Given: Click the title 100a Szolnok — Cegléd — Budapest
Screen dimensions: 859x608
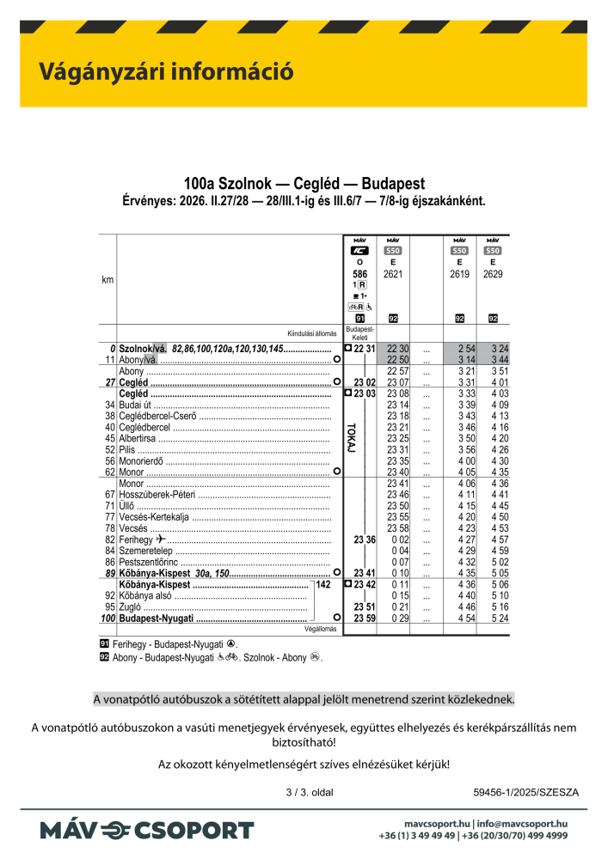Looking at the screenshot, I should pos(304,184).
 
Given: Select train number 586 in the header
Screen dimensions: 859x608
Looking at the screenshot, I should pos(359,274).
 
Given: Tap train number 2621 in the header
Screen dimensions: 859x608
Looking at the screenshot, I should pos(393,274).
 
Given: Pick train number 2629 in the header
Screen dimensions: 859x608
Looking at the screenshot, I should pos(493,274).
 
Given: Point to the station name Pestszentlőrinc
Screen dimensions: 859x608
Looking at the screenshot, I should pos(148,562).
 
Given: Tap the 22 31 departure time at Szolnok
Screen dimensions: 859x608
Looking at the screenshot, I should pos(364,348).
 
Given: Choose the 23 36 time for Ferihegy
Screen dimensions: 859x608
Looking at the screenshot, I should pos(365,539).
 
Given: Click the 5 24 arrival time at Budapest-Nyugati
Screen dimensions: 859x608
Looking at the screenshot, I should pos(493,618).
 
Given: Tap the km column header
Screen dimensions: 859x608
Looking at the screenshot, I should pos(107,281).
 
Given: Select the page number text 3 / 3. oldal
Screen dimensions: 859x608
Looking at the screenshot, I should pos(309,792).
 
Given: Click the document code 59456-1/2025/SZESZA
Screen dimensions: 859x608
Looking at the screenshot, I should pos(526,792).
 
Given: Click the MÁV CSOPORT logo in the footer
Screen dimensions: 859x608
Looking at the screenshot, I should pos(146,830).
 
